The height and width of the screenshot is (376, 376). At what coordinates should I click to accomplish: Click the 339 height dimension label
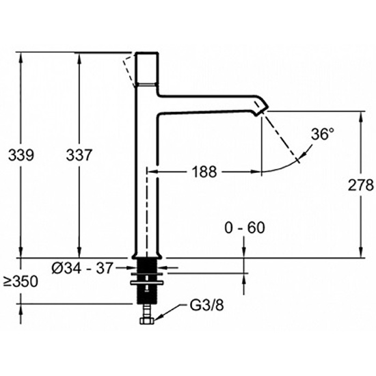(x=21, y=155)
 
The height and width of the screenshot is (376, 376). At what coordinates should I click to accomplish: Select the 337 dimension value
(x=79, y=155)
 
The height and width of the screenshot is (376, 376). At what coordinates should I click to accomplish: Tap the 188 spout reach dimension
(x=204, y=172)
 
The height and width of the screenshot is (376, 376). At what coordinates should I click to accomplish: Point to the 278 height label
(x=361, y=185)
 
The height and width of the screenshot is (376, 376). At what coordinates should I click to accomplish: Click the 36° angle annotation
(x=323, y=134)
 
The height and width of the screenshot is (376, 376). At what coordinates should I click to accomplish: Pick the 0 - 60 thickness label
(x=245, y=228)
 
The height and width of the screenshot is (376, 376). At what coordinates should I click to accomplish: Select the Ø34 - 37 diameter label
(x=82, y=268)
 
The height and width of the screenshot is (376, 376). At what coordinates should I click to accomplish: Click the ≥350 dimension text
(x=21, y=281)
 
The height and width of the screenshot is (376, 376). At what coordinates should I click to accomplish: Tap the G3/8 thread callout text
(x=206, y=306)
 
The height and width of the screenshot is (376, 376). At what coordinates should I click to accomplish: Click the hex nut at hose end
(x=147, y=321)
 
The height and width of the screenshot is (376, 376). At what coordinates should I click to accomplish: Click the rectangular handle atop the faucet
(x=147, y=68)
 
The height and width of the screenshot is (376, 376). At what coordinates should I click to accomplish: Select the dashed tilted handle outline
(x=129, y=71)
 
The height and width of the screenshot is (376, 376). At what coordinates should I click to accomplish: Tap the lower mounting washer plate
(x=146, y=283)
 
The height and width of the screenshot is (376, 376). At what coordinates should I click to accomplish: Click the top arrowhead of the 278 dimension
(x=361, y=116)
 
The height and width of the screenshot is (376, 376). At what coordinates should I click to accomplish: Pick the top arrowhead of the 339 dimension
(x=21, y=57)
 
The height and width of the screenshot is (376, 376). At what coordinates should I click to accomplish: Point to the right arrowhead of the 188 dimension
(x=256, y=172)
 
